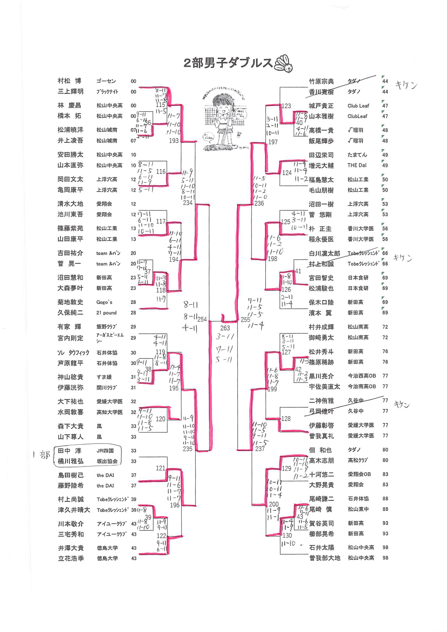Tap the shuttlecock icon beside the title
coord(283,64)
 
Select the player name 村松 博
coord(69,81)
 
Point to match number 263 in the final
coord(225,328)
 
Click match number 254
coord(202,319)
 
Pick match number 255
coord(245,320)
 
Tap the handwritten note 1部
coord(41,455)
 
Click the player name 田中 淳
coord(69,451)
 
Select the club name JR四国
coord(105,451)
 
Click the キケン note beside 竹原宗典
coord(406,85)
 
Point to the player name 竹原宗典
coord(321,81)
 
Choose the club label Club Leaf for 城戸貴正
coord(358,106)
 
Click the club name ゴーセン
coord(106,81)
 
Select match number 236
coord(259,203)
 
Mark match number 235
coord(187,449)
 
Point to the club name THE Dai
coord(357,165)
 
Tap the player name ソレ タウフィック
coord(73,353)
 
